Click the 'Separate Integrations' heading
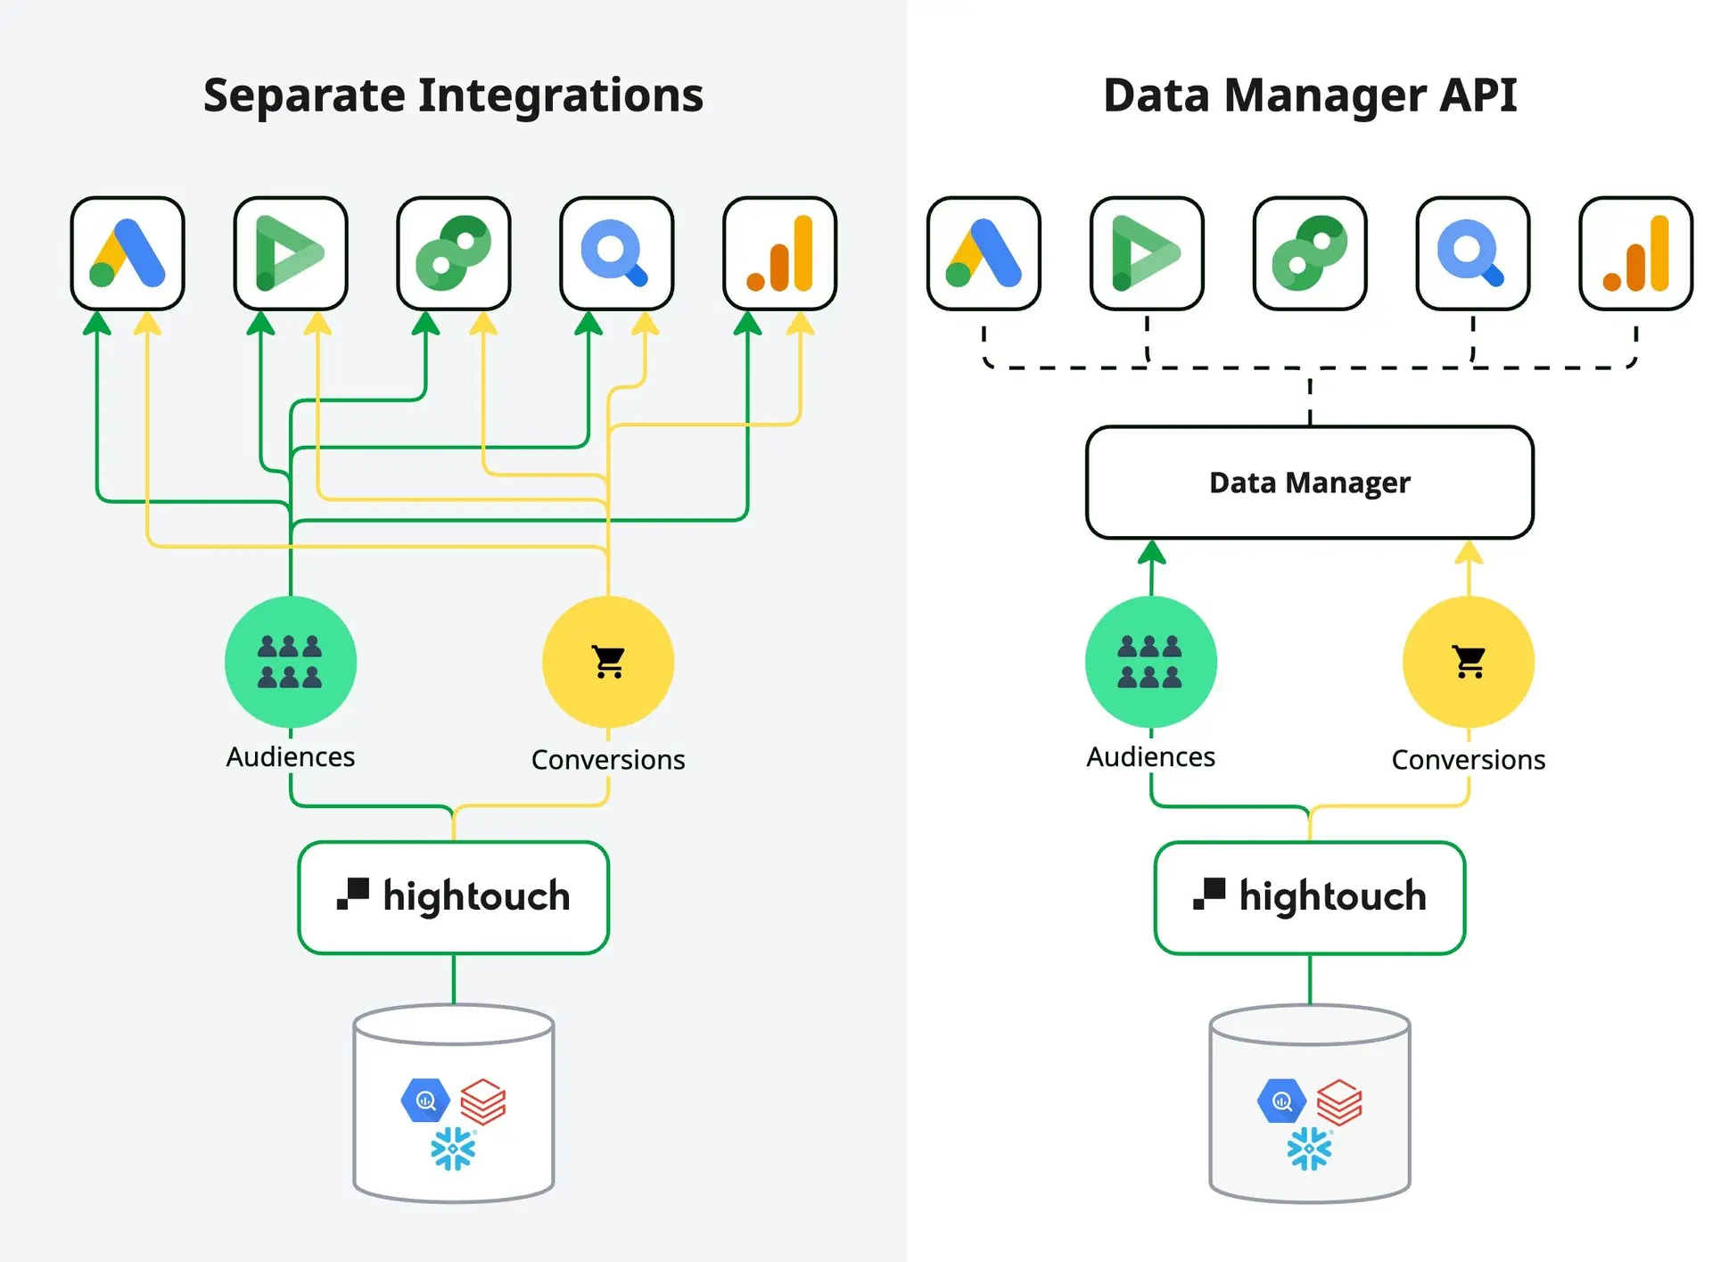(453, 95)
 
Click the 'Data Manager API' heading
(1310, 95)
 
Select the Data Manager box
(1310, 483)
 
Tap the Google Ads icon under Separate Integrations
(128, 253)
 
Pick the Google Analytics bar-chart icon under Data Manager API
(1635, 253)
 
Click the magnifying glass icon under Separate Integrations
(616, 253)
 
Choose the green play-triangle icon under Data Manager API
(1147, 253)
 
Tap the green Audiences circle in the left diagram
(291, 662)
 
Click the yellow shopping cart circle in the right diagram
(1469, 662)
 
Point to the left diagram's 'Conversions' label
(608, 760)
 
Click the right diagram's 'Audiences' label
(1150, 757)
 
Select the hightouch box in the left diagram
(454, 897)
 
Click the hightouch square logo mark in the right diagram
(1209, 894)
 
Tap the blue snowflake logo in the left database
(453, 1149)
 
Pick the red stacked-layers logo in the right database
(1339, 1102)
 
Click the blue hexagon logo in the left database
(425, 1101)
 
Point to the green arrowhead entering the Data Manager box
(1152, 552)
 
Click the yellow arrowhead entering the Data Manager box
(1469, 552)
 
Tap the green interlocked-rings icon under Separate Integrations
(454, 253)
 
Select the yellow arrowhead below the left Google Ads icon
(147, 323)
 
